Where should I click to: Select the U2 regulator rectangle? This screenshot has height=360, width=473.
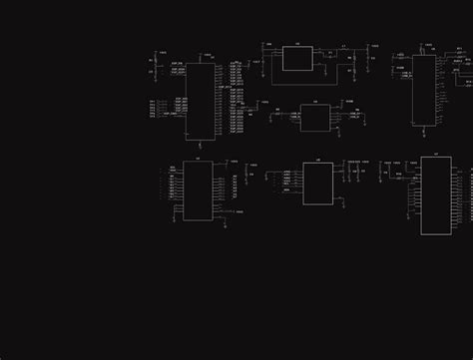pos(296,59)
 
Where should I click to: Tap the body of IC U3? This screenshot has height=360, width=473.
pos(424,90)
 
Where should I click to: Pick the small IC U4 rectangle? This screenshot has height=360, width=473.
pos(314,118)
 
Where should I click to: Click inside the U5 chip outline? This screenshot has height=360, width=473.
pos(197,190)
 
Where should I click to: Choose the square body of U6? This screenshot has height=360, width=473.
pos(317,183)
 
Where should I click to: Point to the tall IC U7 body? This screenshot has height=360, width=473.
pos(435,195)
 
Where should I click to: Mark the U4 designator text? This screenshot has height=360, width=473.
pos(314,102)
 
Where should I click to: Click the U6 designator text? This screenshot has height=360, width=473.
pos(317,161)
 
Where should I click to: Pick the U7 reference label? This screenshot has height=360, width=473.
pos(435,155)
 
